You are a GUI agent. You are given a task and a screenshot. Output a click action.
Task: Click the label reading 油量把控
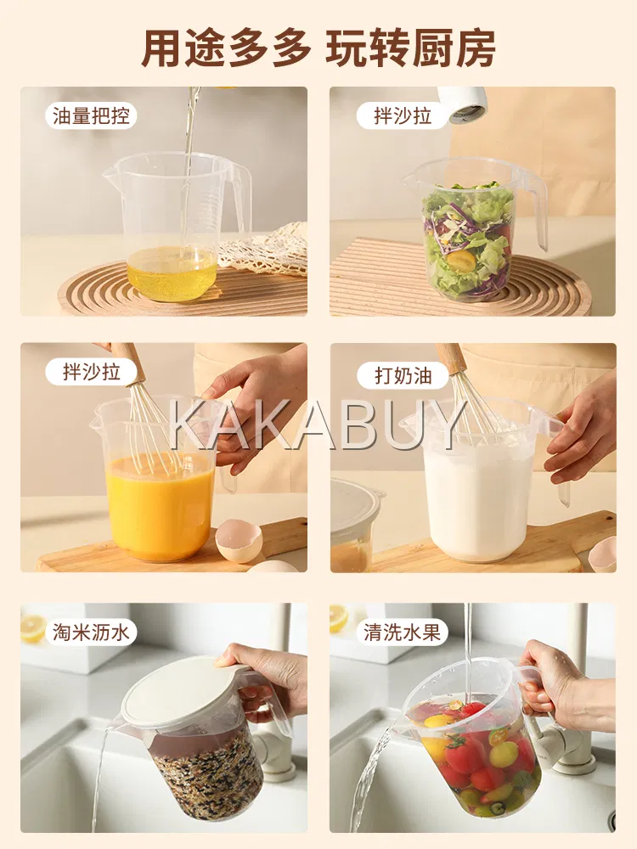pyautogui.click(x=91, y=115)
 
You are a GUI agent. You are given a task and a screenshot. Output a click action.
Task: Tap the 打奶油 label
pyautogui.click(x=403, y=375)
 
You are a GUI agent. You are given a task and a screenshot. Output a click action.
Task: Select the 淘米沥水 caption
pyautogui.click(x=91, y=632)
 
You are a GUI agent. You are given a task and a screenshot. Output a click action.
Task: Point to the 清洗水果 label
pyautogui.click(x=402, y=632)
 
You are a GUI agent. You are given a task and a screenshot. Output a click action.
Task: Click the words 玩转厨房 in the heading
pyautogui.click(x=410, y=48)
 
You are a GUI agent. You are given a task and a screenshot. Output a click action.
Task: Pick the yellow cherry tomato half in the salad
pyautogui.click(x=461, y=261)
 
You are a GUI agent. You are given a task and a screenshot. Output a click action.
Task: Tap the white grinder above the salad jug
pyautogui.click(x=462, y=103)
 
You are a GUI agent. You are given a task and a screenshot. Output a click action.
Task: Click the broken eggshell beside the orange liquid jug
pyautogui.click(x=239, y=539)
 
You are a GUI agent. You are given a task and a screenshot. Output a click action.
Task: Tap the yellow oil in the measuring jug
pyautogui.click(x=172, y=273)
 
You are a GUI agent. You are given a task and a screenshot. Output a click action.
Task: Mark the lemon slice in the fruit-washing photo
pyautogui.click(x=339, y=618)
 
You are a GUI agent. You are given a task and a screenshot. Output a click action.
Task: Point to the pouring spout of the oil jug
pyautogui.click(x=111, y=174)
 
